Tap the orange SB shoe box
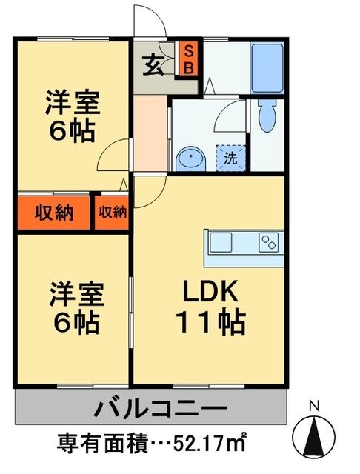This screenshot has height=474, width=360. point(188,59)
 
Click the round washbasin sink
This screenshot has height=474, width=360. point(190,157)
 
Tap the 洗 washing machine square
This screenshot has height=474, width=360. point(230,157)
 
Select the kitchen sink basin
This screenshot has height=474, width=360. point(221,241)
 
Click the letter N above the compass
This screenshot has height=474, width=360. point(314,406)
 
